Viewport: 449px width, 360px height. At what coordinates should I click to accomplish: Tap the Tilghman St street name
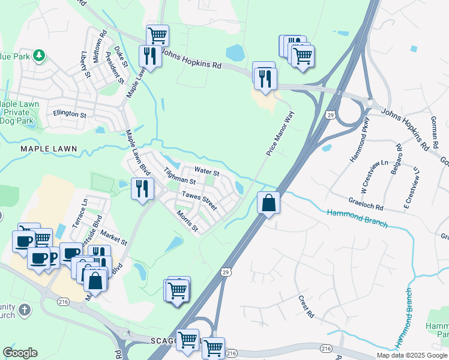tap(180, 176)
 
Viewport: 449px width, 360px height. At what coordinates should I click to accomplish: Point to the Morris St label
tap(187, 220)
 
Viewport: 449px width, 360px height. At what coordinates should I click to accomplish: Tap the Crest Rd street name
tap(306, 306)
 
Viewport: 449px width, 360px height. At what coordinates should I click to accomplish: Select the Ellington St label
tap(70, 113)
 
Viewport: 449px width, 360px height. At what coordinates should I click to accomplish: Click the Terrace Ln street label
tap(80, 213)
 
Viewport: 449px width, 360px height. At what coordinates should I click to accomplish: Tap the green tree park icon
tap(39, 56)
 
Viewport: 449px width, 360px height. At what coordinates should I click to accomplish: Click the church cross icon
tap(24, 310)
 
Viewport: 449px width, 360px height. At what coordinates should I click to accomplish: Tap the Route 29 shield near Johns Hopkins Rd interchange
tap(330, 115)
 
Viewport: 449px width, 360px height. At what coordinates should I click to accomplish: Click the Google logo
tap(20, 353)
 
